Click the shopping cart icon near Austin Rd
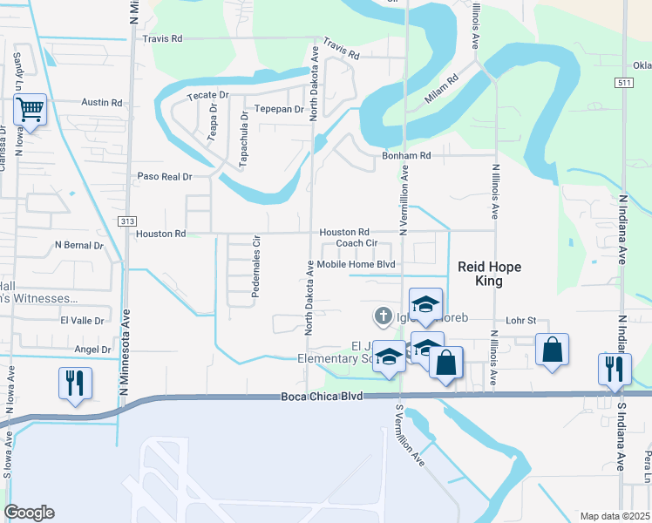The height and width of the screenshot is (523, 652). pyautogui.click(x=31, y=110)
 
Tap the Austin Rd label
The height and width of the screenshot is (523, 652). pyautogui.click(x=102, y=103)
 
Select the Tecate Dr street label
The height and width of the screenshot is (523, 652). pyautogui.click(x=207, y=94)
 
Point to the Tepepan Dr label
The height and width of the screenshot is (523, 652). pyautogui.click(x=278, y=110)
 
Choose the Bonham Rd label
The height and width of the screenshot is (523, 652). pyautogui.click(x=406, y=156)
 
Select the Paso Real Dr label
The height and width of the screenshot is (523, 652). pyautogui.click(x=164, y=177)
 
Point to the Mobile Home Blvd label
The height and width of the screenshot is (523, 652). pyautogui.click(x=356, y=264)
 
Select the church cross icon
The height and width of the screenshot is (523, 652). pyautogui.click(x=382, y=316)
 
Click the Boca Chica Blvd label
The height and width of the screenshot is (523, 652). pyautogui.click(x=321, y=397)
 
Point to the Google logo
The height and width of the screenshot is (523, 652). pyautogui.click(x=29, y=513)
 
